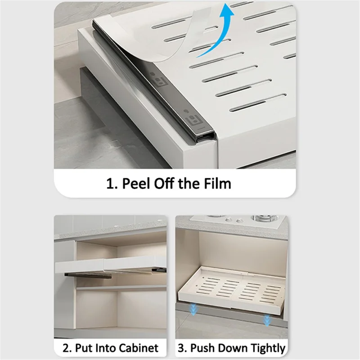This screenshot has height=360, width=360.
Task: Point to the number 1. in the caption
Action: coord(112,184)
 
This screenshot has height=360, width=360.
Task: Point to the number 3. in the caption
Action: coord(183,348)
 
